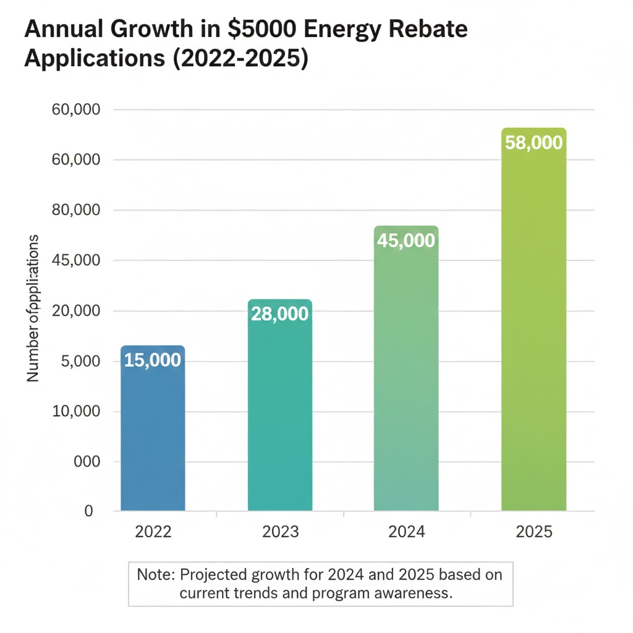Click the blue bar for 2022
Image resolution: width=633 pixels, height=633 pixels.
point(153,433)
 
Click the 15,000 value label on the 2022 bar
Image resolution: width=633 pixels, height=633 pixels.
point(153,360)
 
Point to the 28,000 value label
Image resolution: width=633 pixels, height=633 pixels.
point(279,314)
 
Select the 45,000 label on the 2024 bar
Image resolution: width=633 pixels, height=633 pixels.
point(406,240)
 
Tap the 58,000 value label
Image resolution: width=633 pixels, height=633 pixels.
point(533,143)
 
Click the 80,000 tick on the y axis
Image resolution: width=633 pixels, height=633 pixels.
point(74,210)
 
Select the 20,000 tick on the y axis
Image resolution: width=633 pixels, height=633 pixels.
point(74,311)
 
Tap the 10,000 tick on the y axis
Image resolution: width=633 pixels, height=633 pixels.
point(74,412)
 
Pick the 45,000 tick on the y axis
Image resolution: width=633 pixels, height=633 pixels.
point(74,260)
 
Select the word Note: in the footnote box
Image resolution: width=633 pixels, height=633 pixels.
point(156,574)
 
